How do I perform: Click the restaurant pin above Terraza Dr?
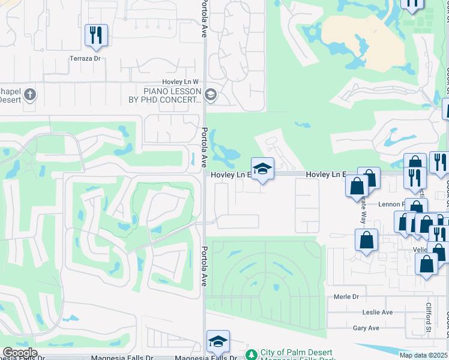(x=96, y=35)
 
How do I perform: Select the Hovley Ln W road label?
(x=179, y=82)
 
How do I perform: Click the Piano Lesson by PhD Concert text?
(x=172, y=95)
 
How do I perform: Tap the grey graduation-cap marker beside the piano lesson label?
(x=211, y=94)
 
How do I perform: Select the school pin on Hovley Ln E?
(x=262, y=170)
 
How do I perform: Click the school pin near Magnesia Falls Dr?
(x=218, y=341)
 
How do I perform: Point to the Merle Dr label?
(x=346, y=296)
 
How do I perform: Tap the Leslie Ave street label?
(x=377, y=312)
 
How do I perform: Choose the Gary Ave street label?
(x=366, y=328)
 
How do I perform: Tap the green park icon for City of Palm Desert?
(x=252, y=353)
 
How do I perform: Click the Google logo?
(x=20, y=353)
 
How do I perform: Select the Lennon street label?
(x=391, y=204)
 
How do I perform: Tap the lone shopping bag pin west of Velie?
(x=366, y=242)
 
